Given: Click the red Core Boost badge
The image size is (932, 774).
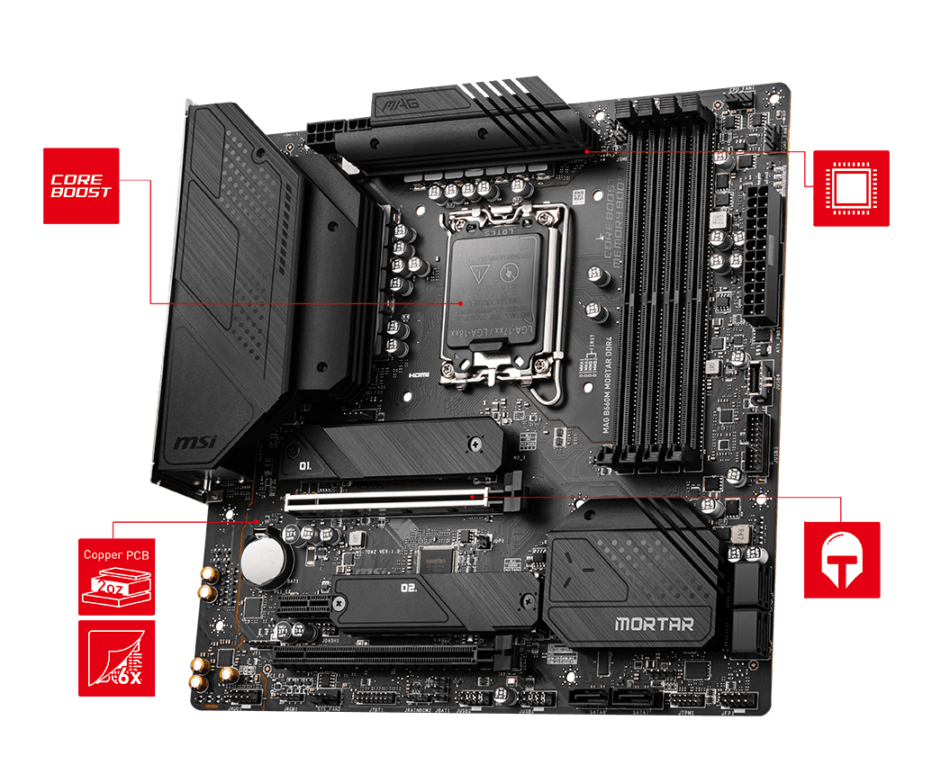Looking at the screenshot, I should click(81, 185).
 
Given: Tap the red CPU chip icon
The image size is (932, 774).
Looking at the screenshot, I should click(851, 187).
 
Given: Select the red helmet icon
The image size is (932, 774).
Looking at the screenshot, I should click(842, 559).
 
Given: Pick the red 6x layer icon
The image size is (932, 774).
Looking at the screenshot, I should click(117, 658).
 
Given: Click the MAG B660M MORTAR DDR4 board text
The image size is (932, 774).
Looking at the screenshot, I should click(606, 396).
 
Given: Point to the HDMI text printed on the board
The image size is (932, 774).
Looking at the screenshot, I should click(417, 373).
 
